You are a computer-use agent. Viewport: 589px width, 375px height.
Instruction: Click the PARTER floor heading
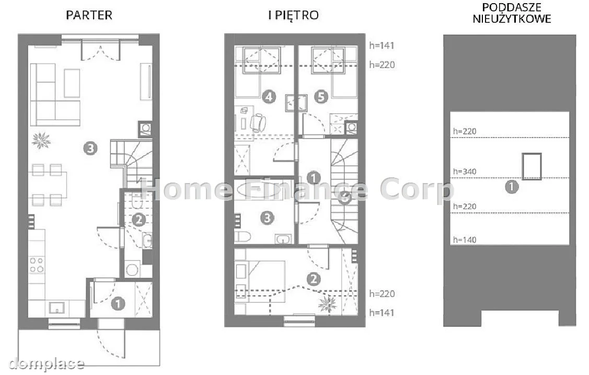tap(89, 15)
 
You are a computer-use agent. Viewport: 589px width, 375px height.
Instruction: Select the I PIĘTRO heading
tap(294, 15)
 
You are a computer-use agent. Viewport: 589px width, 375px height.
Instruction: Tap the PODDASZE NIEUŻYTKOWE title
tap(512, 13)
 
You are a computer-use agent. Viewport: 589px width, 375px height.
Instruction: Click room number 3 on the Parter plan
tap(90, 149)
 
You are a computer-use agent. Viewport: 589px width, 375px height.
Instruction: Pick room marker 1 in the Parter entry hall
tap(118, 303)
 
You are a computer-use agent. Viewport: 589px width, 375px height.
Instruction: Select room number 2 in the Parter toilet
tap(138, 220)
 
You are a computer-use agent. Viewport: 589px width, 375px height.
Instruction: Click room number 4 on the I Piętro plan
tap(269, 97)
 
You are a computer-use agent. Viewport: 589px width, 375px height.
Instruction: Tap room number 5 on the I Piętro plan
tap(321, 97)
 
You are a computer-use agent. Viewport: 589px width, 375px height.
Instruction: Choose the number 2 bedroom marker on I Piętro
tap(314, 279)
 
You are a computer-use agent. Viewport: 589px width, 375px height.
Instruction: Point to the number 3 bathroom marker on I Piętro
tap(267, 218)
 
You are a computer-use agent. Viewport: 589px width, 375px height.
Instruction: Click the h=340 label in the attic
tap(465, 172)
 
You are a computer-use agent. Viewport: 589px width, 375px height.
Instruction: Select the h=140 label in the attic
tap(465, 240)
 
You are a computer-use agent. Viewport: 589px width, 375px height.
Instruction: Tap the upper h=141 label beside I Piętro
tap(382, 46)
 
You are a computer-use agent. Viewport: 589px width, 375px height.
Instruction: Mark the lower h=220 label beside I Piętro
tap(382, 294)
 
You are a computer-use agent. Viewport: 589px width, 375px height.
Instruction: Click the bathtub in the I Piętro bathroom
tap(259, 189)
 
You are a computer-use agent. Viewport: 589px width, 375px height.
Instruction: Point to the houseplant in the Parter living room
tap(41, 141)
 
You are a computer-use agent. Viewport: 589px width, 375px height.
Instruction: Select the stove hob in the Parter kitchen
tap(37, 265)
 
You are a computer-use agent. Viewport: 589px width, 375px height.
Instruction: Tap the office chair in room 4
tap(258, 122)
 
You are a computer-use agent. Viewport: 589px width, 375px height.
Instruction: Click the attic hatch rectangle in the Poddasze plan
tap(532, 166)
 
